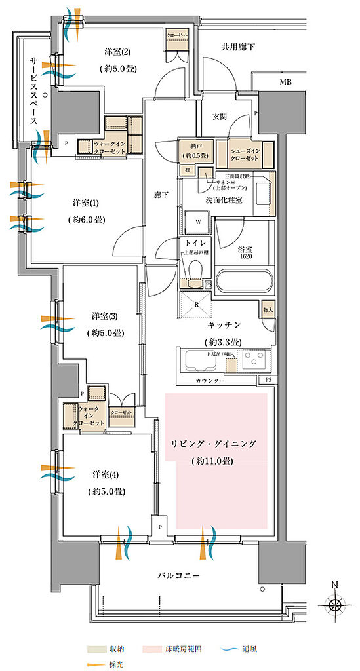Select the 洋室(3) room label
tap(106, 316)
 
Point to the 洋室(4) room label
tap(106, 476)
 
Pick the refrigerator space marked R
tap(195, 306)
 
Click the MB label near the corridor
tap(285, 82)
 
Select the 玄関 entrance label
tap(219, 117)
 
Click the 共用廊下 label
tap(237, 47)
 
